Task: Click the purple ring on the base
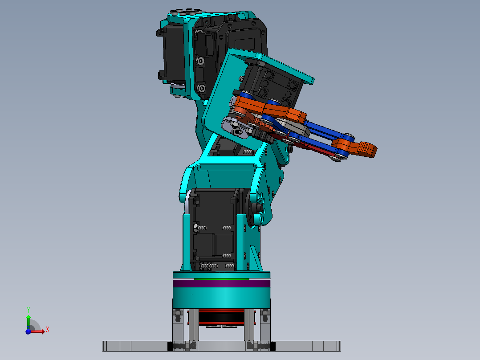[x=221, y=283]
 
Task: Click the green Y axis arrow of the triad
[x=28, y=320]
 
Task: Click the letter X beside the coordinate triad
[x=48, y=329]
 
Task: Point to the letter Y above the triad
[x=28, y=310]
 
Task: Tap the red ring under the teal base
[x=221, y=311]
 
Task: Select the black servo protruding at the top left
[x=167, y=53]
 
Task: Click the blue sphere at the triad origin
[x=28, y=331]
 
